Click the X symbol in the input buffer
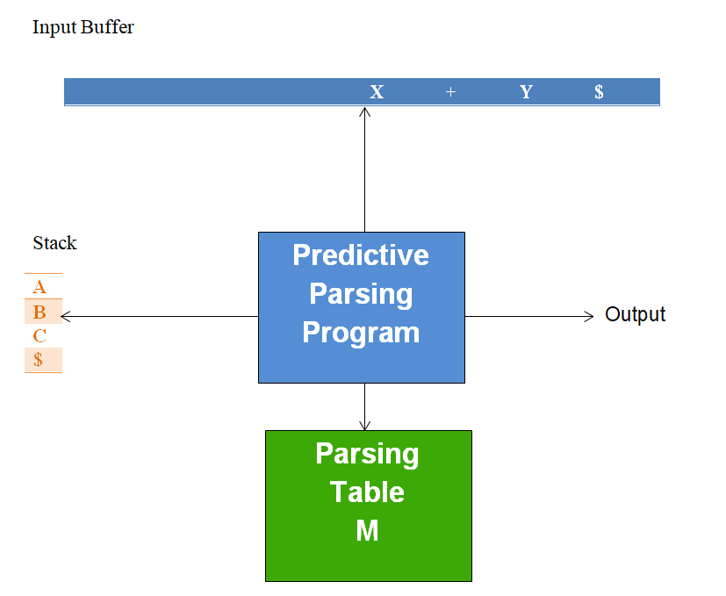(377, 92)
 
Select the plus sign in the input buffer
(450, 92)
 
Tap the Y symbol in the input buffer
(526, 92)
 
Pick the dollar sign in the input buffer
(599, 92)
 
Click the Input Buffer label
(83, 27)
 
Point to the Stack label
(54, 243)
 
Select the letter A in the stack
(40, 287)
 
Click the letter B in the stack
(40, 312)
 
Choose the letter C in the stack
(40, 336)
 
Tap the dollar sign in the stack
(38, 360)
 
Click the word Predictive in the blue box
(361, 255)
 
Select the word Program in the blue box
(361, 333)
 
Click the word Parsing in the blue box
(361, 294)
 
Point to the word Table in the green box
(367, 492)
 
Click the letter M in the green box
(367, 530)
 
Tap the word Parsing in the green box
(367, 454)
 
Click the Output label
(636, 314)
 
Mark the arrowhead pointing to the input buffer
(364, 111)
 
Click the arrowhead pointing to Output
(589, 316)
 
